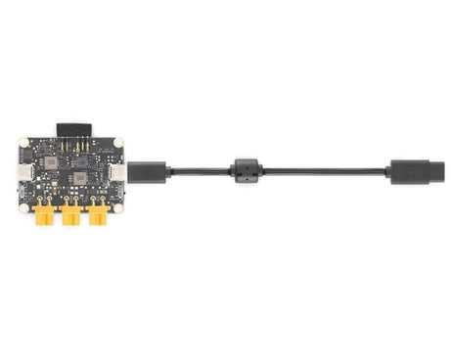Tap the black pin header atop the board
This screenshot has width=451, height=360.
[x=71, y=130]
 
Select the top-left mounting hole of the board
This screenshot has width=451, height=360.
[x=24, y=143]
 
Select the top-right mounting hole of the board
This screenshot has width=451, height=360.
[x=118, y=143]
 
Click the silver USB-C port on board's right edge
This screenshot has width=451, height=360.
[x=118, y=173]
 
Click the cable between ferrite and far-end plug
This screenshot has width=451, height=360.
[x=323, y=172]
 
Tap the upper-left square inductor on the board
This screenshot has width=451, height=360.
[x=50, y=158]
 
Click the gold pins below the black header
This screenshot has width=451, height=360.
[x=71, y=144]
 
